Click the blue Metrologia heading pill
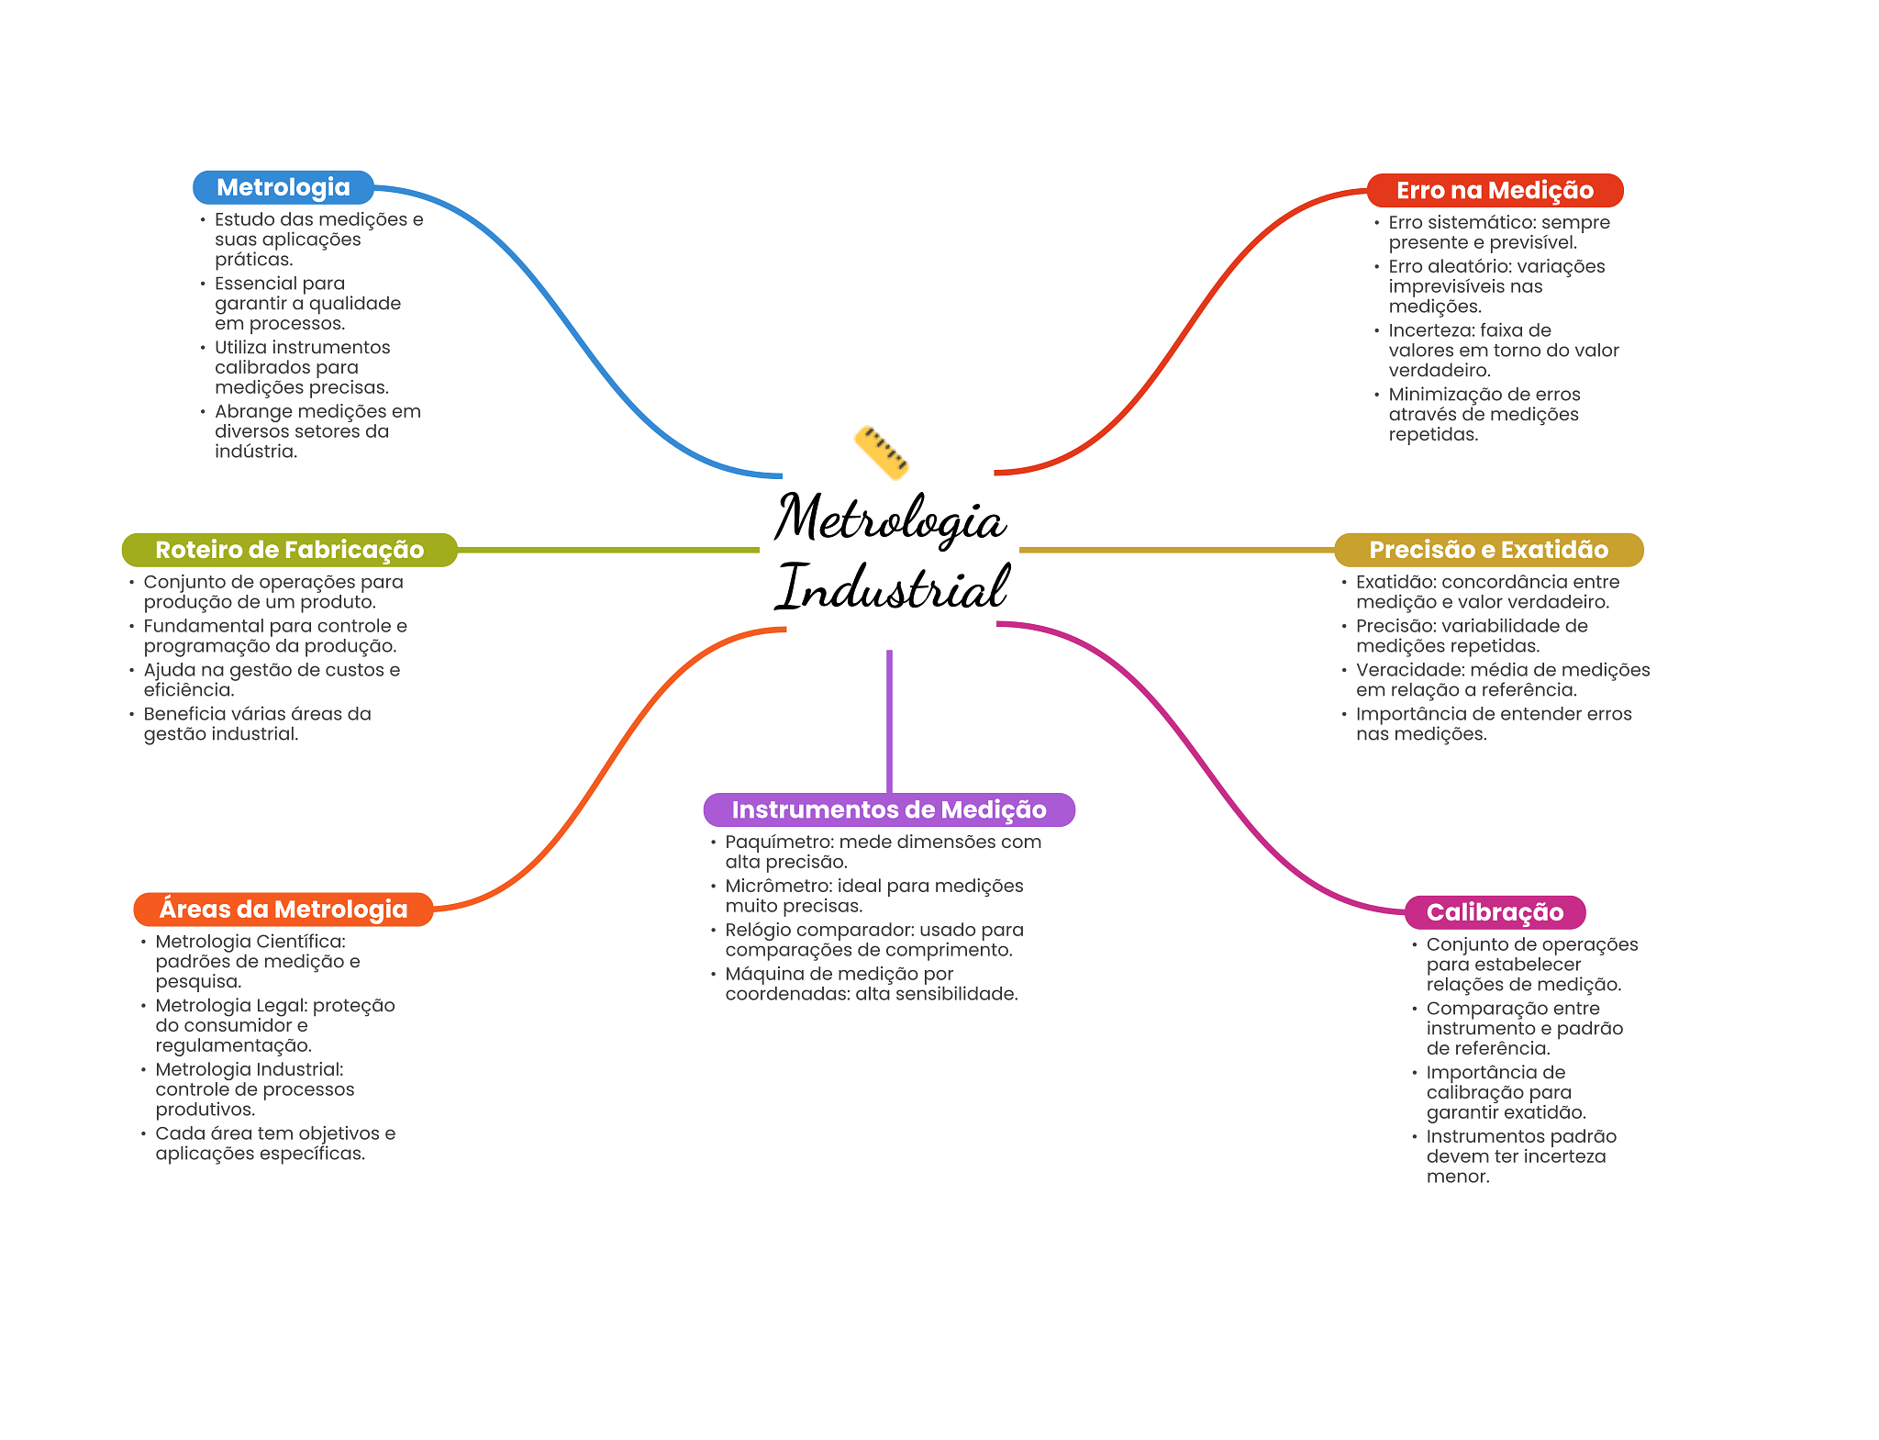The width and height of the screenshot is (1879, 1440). (283, 187)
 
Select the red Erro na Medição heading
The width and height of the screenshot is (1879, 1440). (1495, 190)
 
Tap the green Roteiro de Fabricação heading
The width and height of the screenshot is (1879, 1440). (289, 550)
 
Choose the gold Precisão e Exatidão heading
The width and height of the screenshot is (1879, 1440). (1488, 550)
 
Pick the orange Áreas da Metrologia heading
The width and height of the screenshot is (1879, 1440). (283, 909)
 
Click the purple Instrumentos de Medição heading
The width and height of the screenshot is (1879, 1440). (888, 809)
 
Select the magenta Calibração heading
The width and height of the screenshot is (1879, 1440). (1495, 912)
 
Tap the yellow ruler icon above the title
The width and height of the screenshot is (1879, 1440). (881, 452)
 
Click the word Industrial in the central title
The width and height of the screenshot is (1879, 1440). (892, 587)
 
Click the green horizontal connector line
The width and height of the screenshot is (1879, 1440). (606, 550)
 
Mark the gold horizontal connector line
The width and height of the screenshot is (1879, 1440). (1174, 550)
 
